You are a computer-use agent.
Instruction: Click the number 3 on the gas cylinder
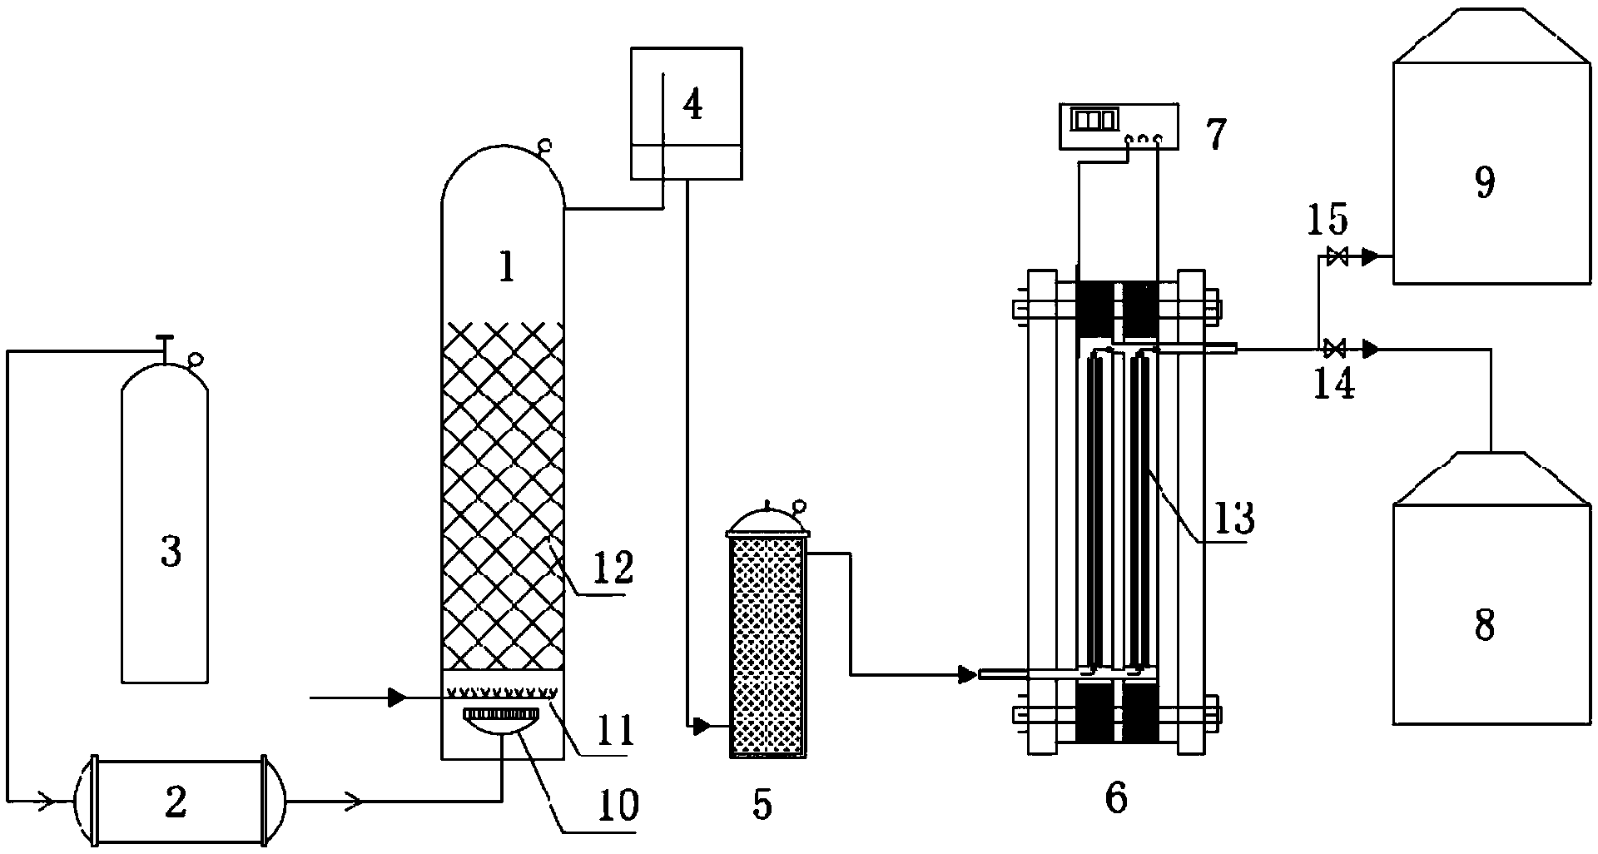point(171,552)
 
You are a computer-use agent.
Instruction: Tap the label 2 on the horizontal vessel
point(176,802)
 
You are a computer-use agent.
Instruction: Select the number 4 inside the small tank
point(692,105)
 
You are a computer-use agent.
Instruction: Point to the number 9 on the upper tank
point(1484,183)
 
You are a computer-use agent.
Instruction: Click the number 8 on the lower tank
point(1484,624)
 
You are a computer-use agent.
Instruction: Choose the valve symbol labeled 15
point(1337,257)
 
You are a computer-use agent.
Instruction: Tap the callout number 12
point(614,569)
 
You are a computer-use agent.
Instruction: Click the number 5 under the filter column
point(762,805)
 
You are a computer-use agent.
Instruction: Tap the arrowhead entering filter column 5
point(701,727)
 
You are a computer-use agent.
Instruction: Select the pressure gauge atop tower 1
point(545,147)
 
